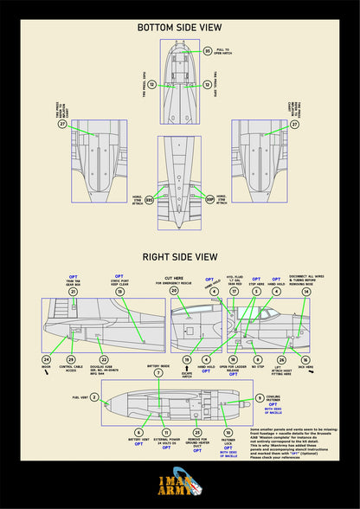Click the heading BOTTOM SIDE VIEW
(180, 28)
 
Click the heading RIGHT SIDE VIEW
(180, 257)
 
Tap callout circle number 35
(208, 51)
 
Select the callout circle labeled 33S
(149, 199)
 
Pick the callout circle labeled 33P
(209, 199)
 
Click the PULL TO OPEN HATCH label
(222, 52)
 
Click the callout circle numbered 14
(305, 292)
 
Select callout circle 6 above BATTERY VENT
(138, 431)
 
